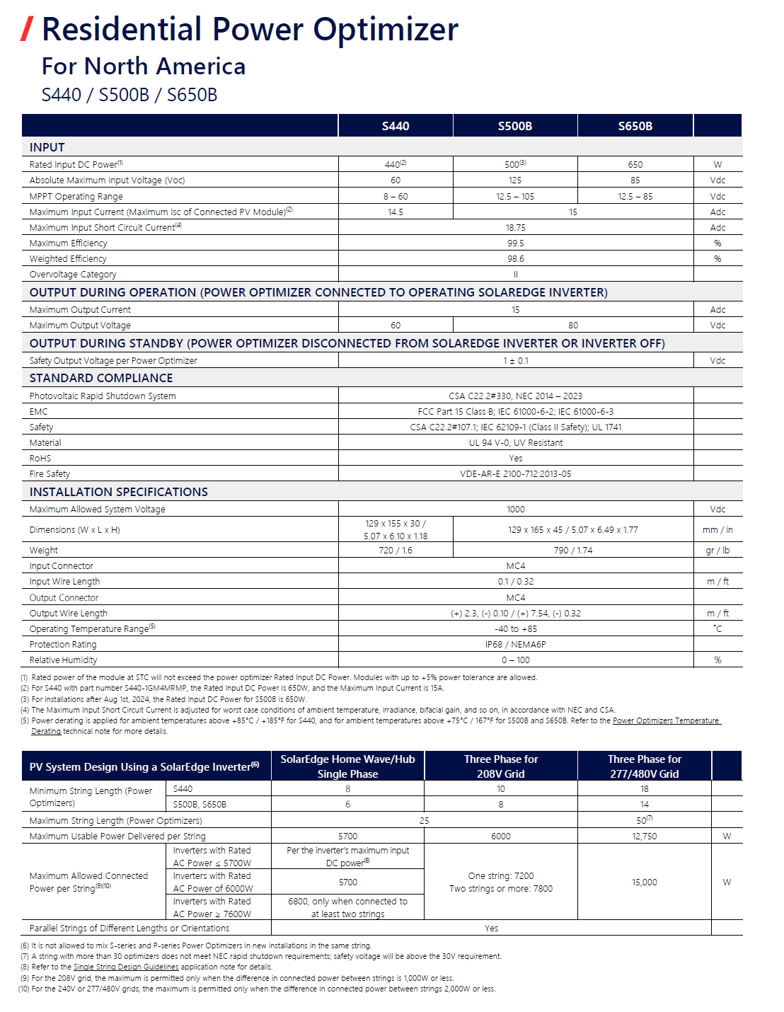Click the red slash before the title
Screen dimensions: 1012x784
coord(28,29)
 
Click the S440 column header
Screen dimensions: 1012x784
coord(396,126)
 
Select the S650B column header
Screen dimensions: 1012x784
coord(635,126)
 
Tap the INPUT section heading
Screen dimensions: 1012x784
coord(47,147)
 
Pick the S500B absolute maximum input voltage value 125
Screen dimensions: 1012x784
coord(515,180)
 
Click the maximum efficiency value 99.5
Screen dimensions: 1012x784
coord(515,243)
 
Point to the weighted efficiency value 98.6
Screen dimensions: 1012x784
coord(515,259)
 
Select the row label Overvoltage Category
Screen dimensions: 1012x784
coord(73,275)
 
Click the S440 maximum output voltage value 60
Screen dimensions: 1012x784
coord(396,326)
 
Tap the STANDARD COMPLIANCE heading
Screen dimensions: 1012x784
coord(101,378)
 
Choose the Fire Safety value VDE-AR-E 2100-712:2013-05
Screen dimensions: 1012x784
coord(515,474)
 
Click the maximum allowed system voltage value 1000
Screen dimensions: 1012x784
coord(515,510)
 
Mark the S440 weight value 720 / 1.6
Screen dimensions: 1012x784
coord(396,551)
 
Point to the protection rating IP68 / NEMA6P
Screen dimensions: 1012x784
coord(515,645)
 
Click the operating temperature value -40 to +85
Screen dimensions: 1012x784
coord(515,629)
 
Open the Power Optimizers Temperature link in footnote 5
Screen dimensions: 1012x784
coord(665,720)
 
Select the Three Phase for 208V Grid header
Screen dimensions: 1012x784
coord(501,766)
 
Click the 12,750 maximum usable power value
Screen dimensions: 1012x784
coord(644,836)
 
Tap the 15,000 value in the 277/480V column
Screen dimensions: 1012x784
coord(644,882)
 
